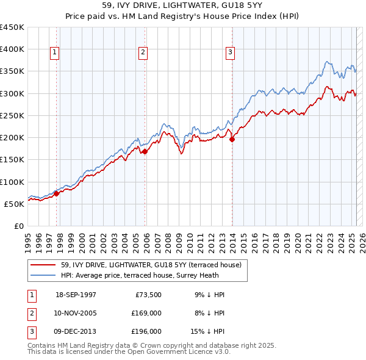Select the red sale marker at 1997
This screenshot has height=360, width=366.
[x=56, y=193]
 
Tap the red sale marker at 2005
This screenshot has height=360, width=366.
[x=145, y=152]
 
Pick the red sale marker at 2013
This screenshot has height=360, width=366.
[x=232, y=139]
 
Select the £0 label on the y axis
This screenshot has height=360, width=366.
[x=18, y=226]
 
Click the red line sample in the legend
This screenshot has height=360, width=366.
[x=44, y=265]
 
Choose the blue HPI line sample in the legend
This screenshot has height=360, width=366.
[x=44, y=275]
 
